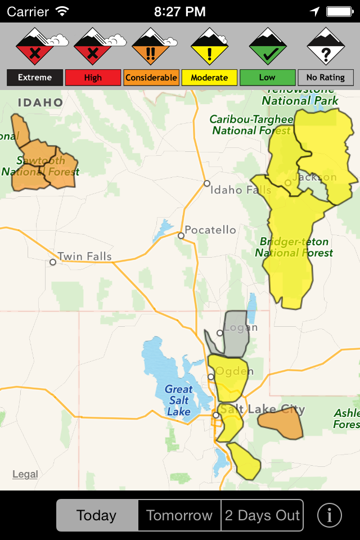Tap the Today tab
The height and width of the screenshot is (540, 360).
[97, 515]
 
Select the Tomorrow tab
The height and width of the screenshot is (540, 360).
[179, 515]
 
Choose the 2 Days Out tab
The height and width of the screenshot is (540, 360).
[262, 515]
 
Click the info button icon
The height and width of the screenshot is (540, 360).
[330, 515]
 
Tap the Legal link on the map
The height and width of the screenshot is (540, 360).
[25, 474]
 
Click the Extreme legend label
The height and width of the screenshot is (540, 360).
[35, 78]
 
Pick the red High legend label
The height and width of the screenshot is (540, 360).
[93, 78]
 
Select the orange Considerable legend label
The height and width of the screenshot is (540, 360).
[151, 78]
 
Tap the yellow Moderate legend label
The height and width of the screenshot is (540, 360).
[209, 78]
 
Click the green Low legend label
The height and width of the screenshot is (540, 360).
[267, 78]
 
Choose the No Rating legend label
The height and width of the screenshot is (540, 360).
[326, 78]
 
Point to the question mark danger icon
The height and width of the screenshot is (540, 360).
[326, 47]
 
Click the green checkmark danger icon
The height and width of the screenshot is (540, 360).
[268, 47]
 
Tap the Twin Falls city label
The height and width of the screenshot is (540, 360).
[84, 257]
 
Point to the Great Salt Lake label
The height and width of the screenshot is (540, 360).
[178, 400]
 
